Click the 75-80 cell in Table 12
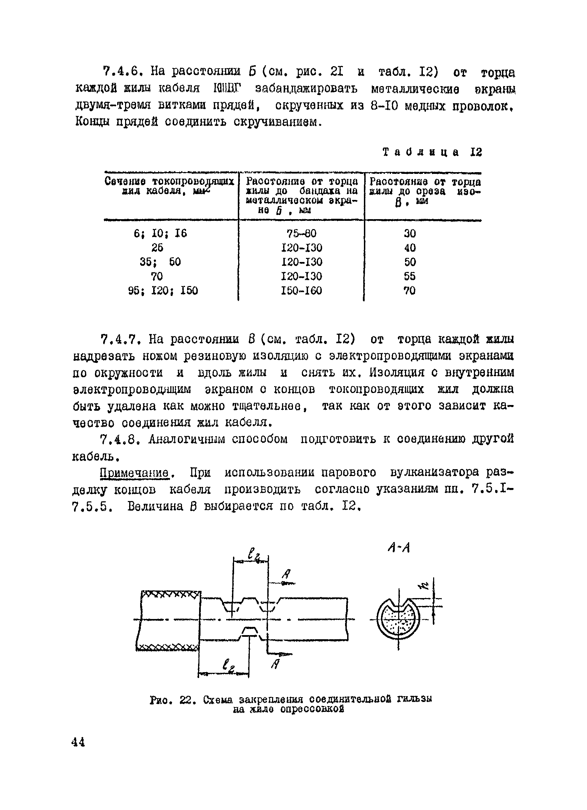302,234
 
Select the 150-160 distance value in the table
302,291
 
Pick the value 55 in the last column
409,276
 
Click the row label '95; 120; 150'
163,291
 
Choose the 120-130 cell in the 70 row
302,276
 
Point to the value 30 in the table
409,234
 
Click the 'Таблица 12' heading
432,153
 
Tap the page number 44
78,742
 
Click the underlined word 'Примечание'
134,473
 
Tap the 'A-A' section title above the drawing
398,547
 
